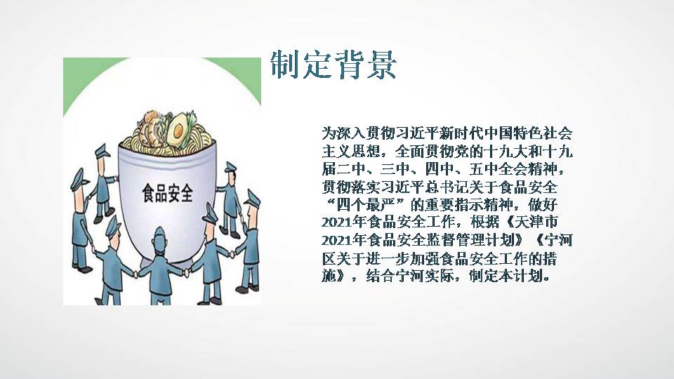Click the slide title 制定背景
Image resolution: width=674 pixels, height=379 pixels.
tap(333, 65)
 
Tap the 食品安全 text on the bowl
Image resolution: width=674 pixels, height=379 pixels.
tap(168, 193)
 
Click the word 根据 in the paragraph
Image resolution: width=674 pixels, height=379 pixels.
tap(485, 222)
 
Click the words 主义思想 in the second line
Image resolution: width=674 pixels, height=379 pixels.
tap(351, 152)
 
